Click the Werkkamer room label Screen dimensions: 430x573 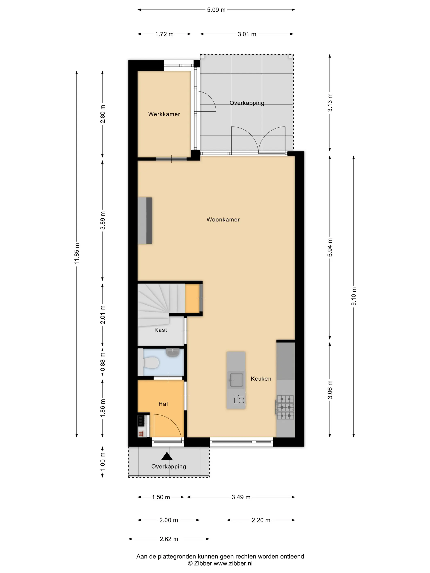point(164,114)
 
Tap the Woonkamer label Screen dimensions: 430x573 point(223,219)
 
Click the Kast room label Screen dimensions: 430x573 point(161,330)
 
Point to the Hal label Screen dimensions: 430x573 point(163,404)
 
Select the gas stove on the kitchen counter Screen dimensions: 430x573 point(285,407)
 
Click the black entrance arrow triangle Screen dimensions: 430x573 point(167,456)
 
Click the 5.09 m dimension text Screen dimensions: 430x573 point(216,10)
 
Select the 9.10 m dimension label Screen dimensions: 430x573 point(354,296)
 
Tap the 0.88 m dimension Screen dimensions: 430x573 point(103,362)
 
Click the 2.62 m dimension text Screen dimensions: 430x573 point(169,539)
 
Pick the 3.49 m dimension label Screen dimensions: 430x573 point(241,497)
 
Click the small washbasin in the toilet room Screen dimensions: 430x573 point(172,353)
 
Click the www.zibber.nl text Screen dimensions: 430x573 point(233,563)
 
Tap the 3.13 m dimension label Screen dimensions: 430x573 point(330,103)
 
